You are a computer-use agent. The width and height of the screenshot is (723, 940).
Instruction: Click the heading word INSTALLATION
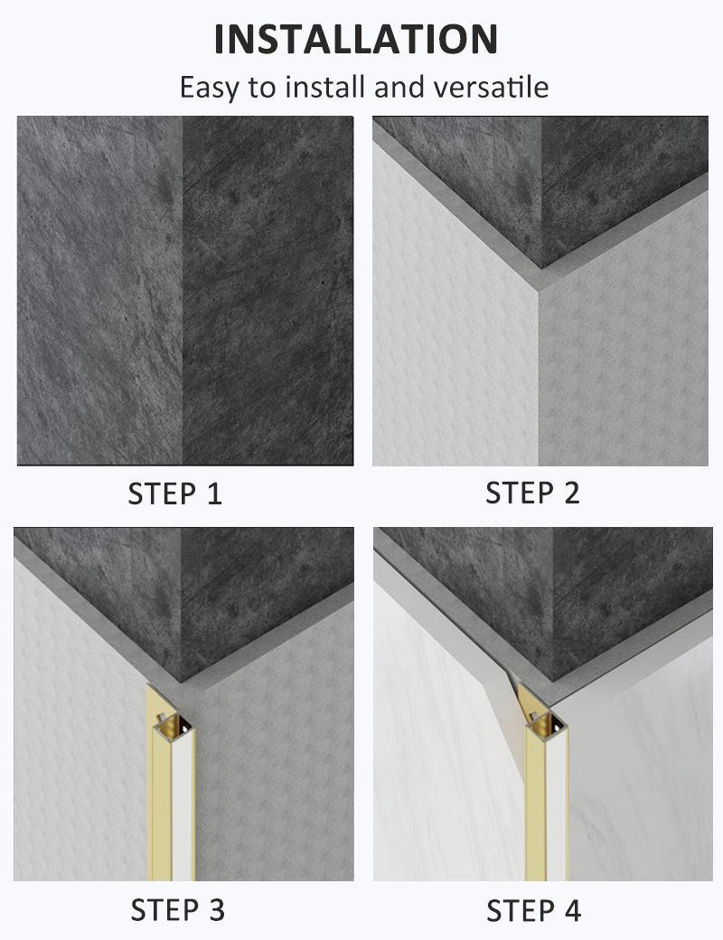pyautogui.click(x=356, y=39)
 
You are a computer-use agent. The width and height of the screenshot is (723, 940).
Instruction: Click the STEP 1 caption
pyautogui.click(x=174, y=493)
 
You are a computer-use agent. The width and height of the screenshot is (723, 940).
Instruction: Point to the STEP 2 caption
pyautogui.click(x=532, y=493)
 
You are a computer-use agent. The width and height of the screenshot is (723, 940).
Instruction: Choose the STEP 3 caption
pyautogui.click(x=177, y=909)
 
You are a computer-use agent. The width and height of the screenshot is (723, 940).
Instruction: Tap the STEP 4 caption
pyautogui.click(x=533, y=909)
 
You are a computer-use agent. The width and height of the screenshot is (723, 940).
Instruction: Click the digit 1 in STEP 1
pyautogui.click(x=213, y=493)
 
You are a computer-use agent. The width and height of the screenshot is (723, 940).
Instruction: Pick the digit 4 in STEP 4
pyautogui.click(x=571, y=909)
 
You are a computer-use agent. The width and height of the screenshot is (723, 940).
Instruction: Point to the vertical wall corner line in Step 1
pyautogui.click(x=183, y=289)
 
